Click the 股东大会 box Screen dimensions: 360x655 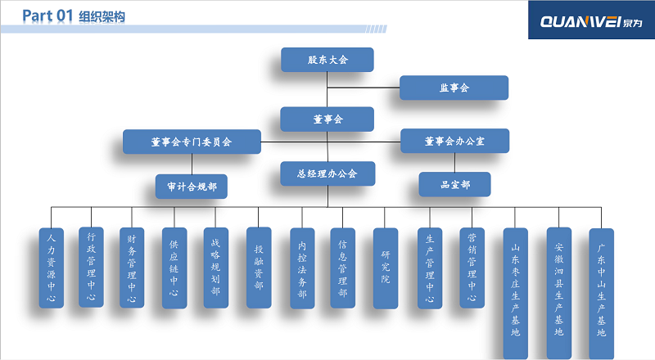click(327, 60)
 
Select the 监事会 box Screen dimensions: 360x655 click(454, 88)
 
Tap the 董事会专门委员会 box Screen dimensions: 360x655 click(192, 142)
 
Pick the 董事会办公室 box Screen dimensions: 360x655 click(454, 141)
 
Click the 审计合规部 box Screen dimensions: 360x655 click(192, 186)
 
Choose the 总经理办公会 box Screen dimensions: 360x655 click(327, 173)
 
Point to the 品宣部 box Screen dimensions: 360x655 click(454, 184)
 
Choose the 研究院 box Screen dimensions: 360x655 click(385, 268)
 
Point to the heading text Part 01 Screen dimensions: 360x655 click(48, 16)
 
